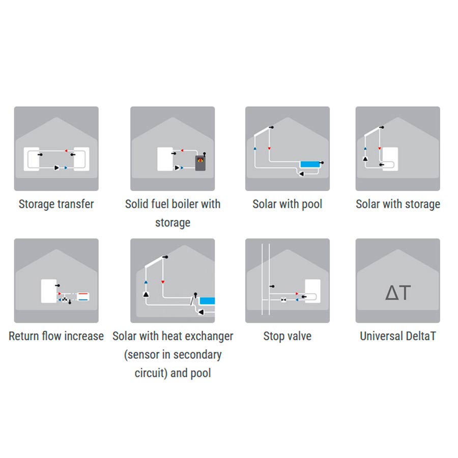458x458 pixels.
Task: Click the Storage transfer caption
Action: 56,204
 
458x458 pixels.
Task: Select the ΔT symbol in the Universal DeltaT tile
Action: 398,293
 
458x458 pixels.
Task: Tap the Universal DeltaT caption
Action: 398,336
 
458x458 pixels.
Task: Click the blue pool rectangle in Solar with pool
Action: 310,164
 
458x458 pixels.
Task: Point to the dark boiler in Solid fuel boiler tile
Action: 201,163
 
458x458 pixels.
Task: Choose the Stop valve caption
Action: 287,336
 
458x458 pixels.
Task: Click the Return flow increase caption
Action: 56,336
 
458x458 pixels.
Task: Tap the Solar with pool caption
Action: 287,204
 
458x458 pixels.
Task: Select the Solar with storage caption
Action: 398,204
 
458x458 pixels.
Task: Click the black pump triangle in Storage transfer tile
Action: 56,167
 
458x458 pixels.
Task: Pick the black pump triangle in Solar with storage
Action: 365,159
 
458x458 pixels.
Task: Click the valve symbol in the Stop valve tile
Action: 283,300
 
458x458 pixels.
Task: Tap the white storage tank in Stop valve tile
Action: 312,291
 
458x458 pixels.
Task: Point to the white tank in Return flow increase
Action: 49,291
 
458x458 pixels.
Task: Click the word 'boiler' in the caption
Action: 187,204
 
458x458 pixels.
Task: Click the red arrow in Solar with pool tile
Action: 269,149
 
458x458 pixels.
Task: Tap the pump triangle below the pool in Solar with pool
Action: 301,174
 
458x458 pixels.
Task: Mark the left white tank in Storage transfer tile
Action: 31,159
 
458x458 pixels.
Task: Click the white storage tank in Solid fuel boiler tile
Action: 165,159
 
